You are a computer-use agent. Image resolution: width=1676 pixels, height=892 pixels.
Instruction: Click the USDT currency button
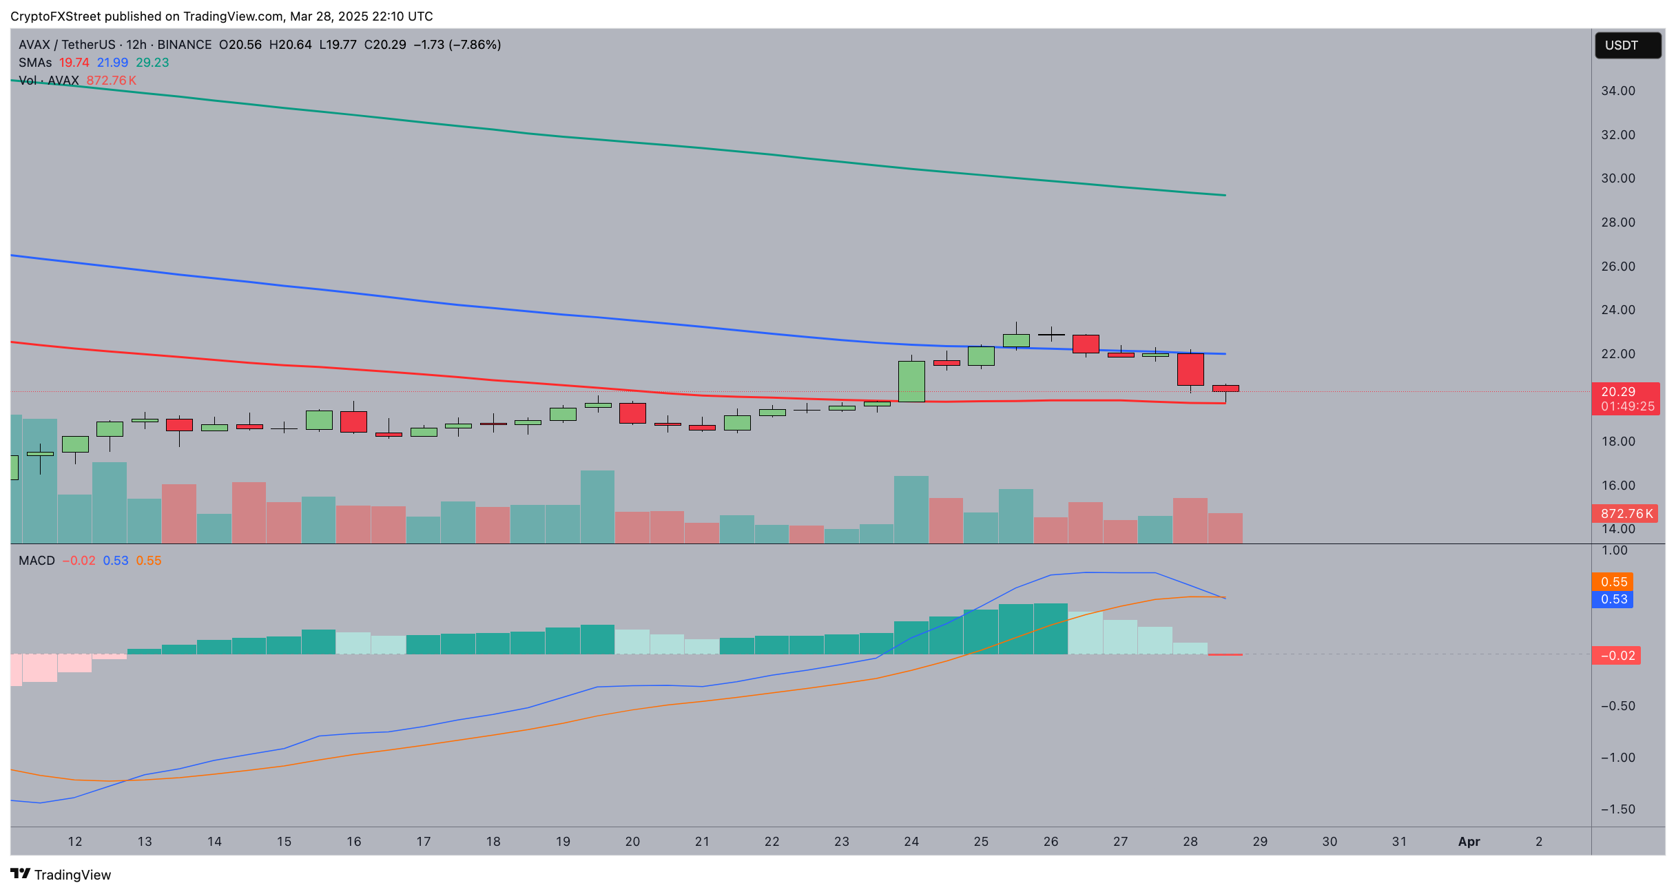point(1627,45)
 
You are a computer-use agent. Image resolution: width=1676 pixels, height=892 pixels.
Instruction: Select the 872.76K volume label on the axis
point(1625,513)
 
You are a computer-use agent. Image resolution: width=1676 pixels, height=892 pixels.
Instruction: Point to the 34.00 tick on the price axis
point(1617,91)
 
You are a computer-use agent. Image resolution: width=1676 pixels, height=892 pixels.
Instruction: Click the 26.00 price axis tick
point(1617,266)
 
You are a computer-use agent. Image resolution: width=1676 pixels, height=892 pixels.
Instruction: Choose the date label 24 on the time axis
point(911,841)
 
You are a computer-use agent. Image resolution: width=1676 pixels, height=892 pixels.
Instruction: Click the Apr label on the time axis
point(1469,841)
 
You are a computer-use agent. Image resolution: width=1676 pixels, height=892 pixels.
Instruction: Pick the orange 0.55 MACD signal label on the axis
point(1613,582)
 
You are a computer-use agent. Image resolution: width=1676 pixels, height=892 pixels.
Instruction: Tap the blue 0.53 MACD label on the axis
point(1613,599)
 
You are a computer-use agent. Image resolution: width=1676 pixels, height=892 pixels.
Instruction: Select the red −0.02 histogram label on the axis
point(1616,656)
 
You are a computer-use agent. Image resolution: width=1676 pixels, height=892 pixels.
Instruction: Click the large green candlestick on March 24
point(911,381)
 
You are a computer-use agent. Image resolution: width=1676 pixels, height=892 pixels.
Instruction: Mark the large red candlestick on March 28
point(1190,369)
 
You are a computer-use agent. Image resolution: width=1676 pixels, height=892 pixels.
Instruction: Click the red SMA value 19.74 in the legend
point(74,63)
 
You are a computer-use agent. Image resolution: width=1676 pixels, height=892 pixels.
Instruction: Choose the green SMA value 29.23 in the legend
point(152,63)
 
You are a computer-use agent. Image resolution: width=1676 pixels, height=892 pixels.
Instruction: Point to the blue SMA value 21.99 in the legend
point(112,63)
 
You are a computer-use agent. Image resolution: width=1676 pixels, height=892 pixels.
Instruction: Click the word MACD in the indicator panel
point(37,561)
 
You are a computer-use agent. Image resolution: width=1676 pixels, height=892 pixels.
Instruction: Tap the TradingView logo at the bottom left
point(61,874)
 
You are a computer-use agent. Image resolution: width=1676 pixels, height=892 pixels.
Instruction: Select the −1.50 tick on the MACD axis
point(1616,809)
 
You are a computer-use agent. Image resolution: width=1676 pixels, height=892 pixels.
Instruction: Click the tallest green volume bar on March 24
point(911,510)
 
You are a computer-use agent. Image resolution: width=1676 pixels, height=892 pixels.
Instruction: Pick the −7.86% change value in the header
point(475,45)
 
